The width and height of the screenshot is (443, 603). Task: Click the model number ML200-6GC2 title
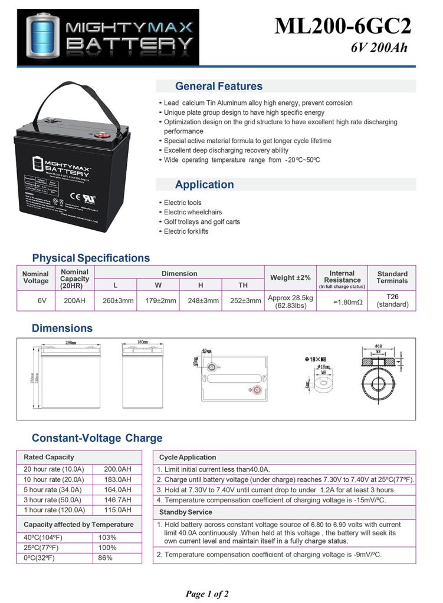pyautogui.click(x=342, y=26)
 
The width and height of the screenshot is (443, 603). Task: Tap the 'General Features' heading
pyautogui.click(x=218, y=87)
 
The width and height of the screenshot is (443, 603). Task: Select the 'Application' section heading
pyautogui.click(x=204, y=184)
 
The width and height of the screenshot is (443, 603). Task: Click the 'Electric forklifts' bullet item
pyautogui.click(x=186, y=231)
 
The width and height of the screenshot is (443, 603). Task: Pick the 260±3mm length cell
pyautogui.click(x=115, y=300)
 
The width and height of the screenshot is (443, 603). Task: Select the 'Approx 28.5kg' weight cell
pyautogui.click(x=290, y=301)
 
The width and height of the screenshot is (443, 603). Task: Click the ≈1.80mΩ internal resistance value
pyautogui.click(x=342, y=301)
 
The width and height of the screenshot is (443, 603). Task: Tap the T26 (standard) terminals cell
pyautogui.click(x=392, y=301)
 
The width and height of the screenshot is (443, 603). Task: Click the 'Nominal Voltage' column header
pyautogui.click(x=35, y=278)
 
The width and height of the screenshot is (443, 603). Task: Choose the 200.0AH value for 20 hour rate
pyautogui.click(x=117, y=469)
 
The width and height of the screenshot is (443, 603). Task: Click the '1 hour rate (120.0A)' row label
pyautogui.click(x=54, y=510)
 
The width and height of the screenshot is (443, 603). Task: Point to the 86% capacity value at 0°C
pyautogui.click(x=105, y=558)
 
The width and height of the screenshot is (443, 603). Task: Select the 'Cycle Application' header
pyautogui.click(x=188, y=457)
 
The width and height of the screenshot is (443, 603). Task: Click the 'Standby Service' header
pyautogui.click(x=185, y=512)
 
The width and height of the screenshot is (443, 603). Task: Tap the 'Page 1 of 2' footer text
pyautogui.click(x=207, y=594)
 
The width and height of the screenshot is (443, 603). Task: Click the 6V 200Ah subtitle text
pyautogui.click(x=379, y=48)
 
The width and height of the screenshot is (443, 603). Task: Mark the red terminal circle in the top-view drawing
pyautogui.click(x=256, y=389)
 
